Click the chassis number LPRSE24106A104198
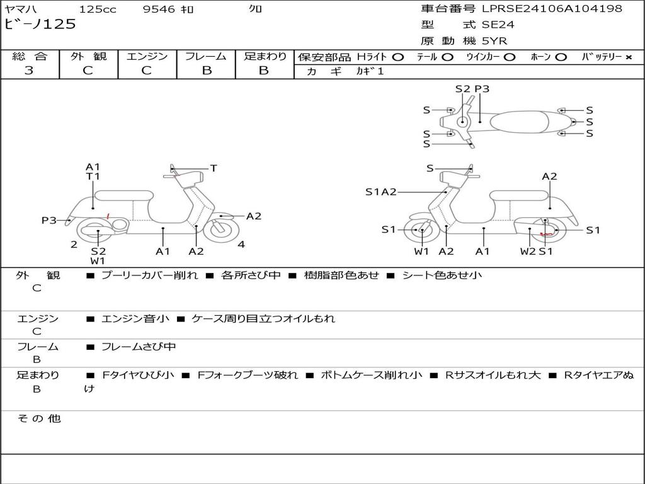(552, 9)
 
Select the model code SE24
(498, 25)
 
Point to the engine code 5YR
(494, 41)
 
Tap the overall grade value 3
(29, 71)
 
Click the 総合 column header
(29, 56)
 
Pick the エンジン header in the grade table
(147, 56)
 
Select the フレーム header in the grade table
(206, 56)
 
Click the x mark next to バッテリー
(628, 57)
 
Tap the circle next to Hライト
(398, 57)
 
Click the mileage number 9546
(159, 9)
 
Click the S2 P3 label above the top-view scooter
(472, 89)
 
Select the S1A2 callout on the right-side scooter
(381, 192)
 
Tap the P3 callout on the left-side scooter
(49, 221)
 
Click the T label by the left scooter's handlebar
(214, 168)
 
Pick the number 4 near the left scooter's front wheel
(241, 245)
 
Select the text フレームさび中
(139, 347)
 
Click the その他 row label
(38, 418)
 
